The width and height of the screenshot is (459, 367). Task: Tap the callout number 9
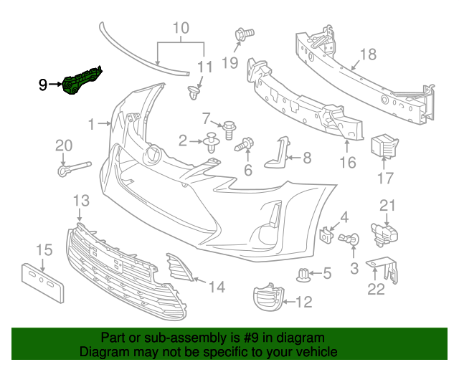coord(44,85)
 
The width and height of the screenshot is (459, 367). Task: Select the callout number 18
coord(368,54)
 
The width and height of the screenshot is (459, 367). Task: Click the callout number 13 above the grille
coord(80,200)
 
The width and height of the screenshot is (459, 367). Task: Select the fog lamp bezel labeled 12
coord(266,297)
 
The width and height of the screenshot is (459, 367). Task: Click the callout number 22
coord(376,290)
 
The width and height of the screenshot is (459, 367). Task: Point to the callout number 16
coord(347,163)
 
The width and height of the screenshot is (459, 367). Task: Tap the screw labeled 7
coord(229,130)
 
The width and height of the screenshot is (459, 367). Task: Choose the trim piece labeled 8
coord(276,153)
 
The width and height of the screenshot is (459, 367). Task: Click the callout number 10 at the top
coord(181,29)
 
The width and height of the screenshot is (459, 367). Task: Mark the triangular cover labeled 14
coord(180,266)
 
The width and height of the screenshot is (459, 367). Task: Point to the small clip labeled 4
coord(327,234)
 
